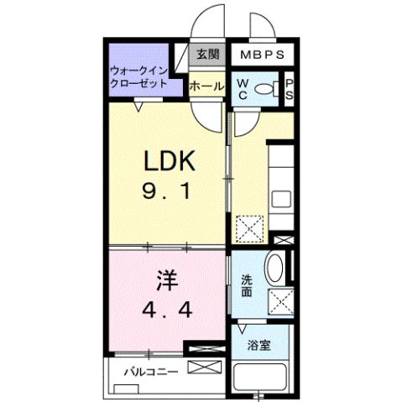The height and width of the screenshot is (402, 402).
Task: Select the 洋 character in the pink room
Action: click(x=165, y=278)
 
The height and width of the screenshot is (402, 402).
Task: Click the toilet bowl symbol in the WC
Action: click(x=264, y=89)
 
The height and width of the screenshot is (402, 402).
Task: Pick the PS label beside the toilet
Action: click(x=288, y=88)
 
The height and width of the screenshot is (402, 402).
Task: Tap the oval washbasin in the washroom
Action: click(x=273, y=270)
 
